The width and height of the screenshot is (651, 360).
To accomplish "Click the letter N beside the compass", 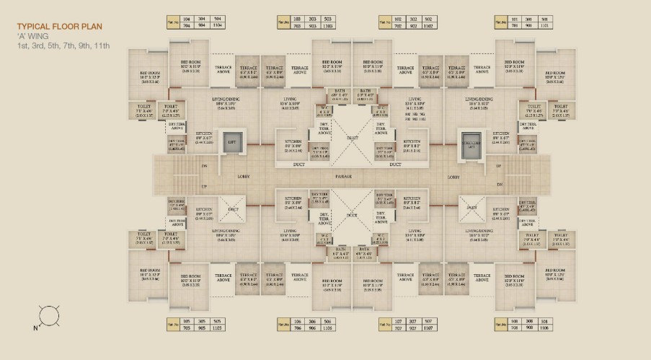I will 33,327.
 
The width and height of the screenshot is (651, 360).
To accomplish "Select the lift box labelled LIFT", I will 232,142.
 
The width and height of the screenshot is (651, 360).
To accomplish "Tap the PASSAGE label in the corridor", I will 344,176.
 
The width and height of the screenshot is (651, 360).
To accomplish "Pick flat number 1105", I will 218,327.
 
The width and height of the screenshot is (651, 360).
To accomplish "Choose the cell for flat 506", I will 329,320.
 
